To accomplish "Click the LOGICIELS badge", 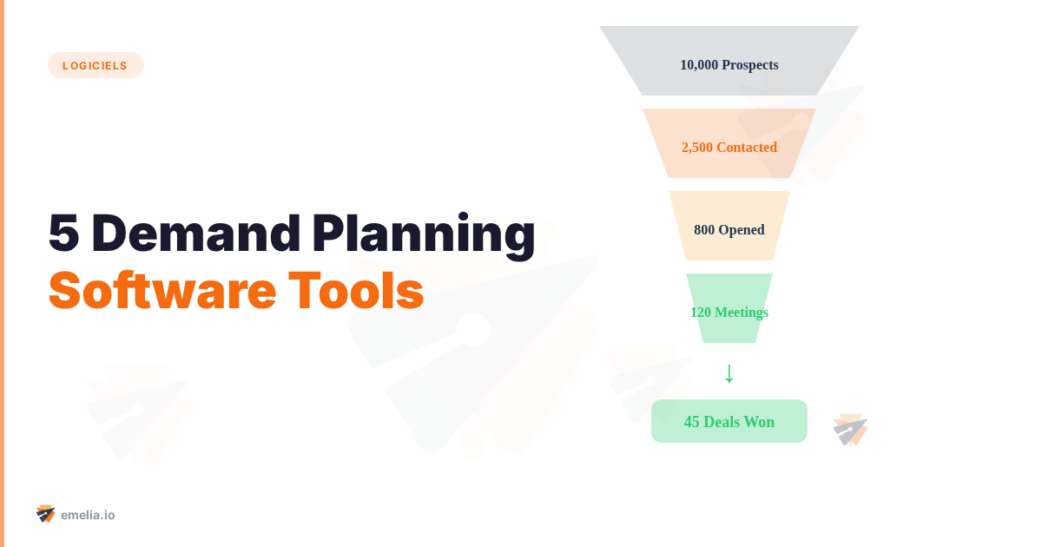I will point(96,65).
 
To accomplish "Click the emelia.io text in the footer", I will point(88,515).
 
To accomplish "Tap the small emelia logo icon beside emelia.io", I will point(45,514).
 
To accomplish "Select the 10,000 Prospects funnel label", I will point(729,65).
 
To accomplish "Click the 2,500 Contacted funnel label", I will point(729,148).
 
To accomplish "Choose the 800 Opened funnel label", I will point(729,230).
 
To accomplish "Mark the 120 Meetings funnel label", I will point(729,313).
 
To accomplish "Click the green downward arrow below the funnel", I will point(729,372).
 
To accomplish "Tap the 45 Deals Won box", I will point(729,422).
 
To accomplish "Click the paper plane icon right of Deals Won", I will point(850,430).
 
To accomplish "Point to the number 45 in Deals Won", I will point(692,422).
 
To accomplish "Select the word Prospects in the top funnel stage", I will point(750,65).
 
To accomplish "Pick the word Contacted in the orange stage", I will point(747,148).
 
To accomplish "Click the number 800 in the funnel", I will point(704,230).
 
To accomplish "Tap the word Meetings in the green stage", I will point(741,313).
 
